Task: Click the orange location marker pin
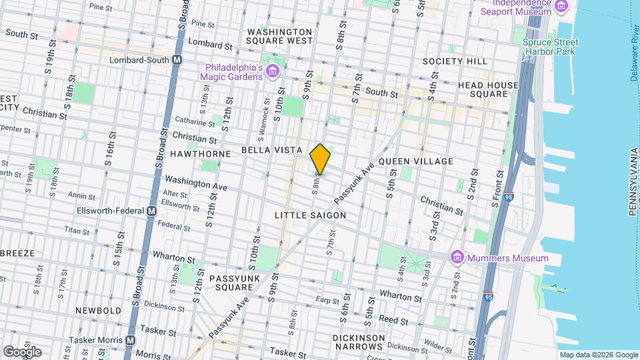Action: click(x=321, y=159)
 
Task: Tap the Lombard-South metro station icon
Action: click(x=177, y=59)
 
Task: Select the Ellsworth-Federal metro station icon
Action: click(x=151, y=211)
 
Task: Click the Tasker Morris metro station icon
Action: click(x=130, y=339)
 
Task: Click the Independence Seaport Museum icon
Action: click(x=561, y=7)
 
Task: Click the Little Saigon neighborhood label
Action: click(x=311, y=215)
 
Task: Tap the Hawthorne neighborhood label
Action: click(x=200, y=154)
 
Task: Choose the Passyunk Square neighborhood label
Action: click(x=231, y=283)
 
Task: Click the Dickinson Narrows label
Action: click(x=359, y=342)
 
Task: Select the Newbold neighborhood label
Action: click(x=98, y=311)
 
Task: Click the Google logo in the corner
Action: click(x=22, y=351)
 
